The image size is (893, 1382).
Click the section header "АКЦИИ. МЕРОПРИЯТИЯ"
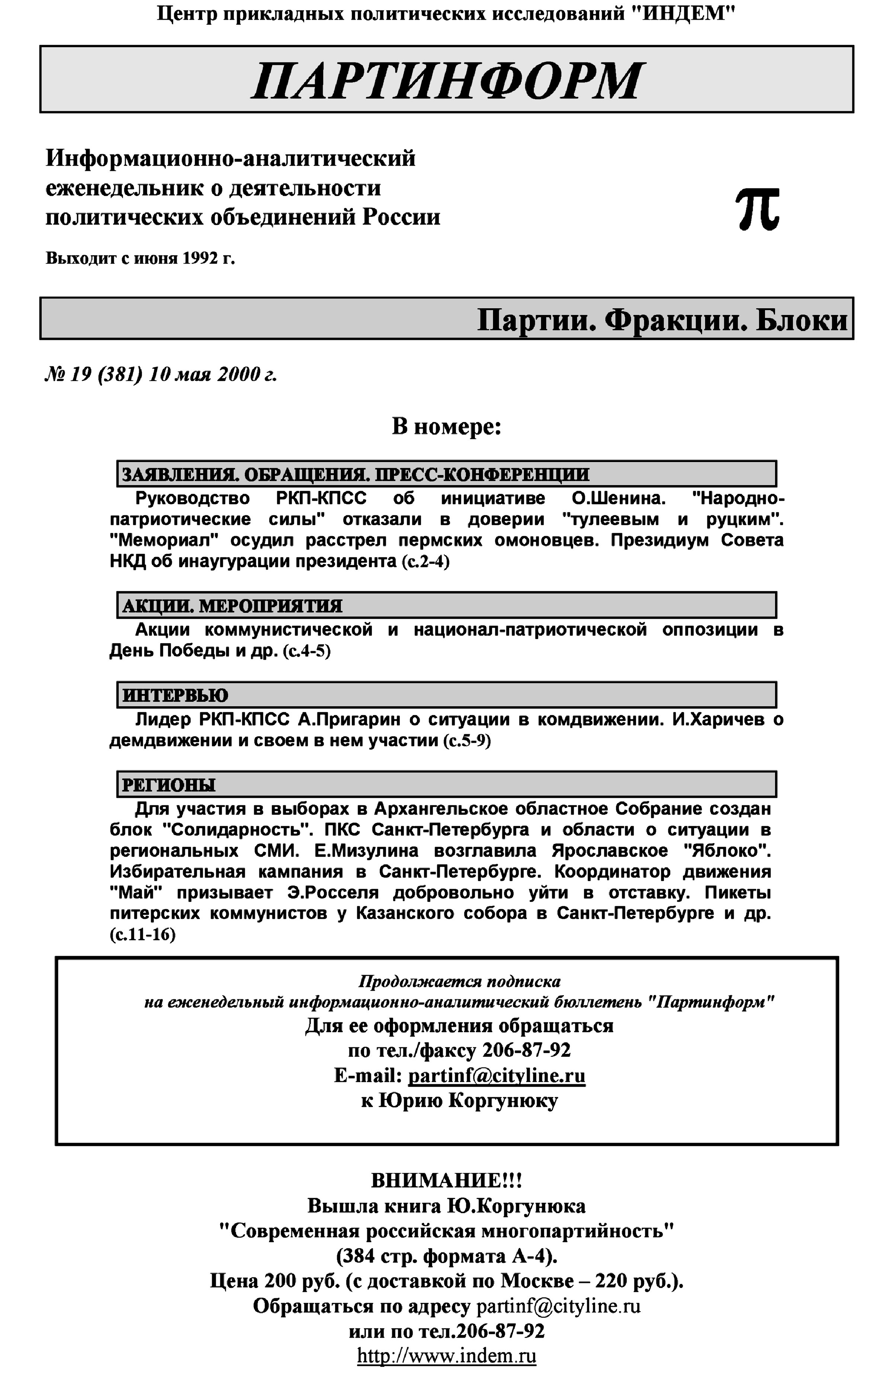point(232,606)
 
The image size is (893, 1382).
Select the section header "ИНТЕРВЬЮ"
point(175,695)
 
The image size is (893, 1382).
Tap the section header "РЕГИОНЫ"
point(168,785)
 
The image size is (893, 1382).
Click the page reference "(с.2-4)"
point(425,561)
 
